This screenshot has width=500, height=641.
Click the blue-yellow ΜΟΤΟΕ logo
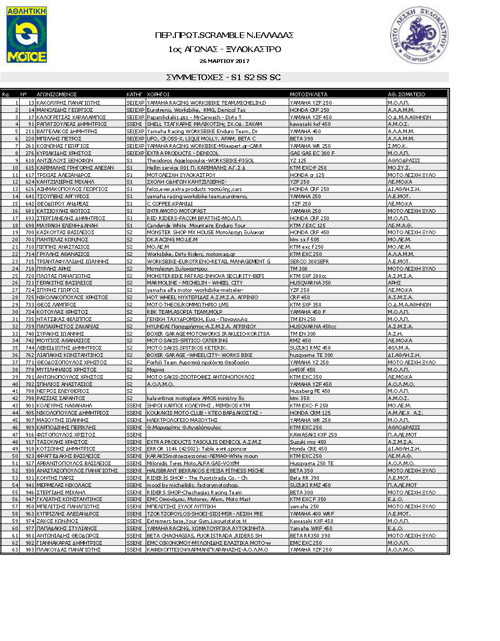point(27,34)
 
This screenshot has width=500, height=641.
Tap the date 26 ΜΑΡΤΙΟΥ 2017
point(224,61)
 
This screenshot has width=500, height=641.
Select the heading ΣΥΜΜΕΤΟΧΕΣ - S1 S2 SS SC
point(224,77)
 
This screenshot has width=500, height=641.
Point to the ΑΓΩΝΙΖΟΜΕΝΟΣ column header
point(57,95)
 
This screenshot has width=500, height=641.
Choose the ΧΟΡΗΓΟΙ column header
point(159,95)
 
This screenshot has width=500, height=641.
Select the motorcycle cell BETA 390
point(302,139)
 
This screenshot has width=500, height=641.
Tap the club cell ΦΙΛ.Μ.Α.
point(398,348)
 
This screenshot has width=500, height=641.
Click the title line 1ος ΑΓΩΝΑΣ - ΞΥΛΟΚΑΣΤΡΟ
point(224,49)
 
